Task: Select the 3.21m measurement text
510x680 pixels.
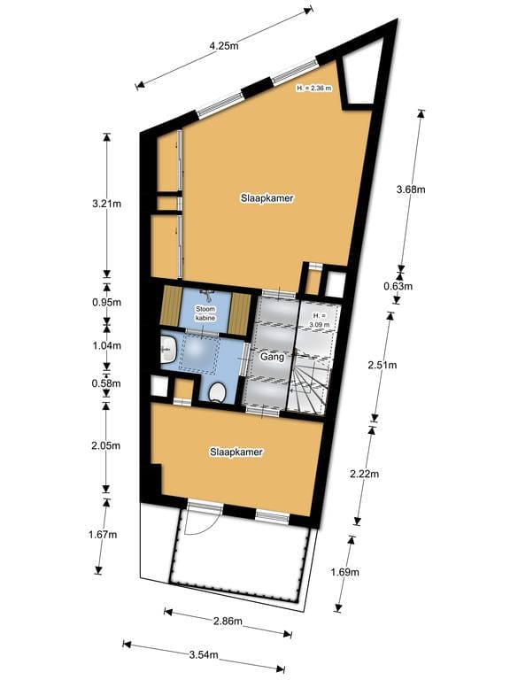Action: tap(107, 204)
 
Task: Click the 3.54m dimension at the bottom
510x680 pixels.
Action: tap(204, 655)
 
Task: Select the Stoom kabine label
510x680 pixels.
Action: tap(205, 313)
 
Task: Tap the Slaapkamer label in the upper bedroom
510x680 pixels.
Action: tap(267, 198)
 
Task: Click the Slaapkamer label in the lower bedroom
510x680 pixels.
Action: tap(236, 452)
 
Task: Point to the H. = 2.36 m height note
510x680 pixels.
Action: tap(314, 89)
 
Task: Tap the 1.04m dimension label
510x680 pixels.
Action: tap(107, 345)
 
